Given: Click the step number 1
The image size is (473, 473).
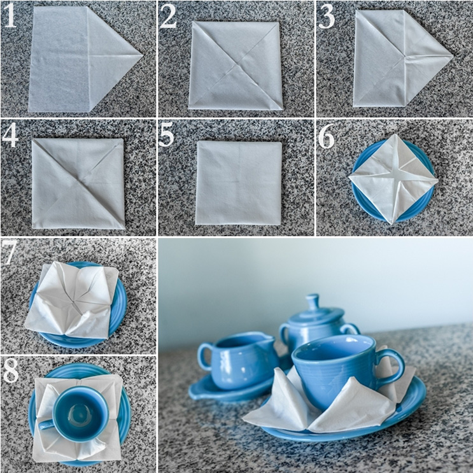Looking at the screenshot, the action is pyautogui.click(x=10, y=16).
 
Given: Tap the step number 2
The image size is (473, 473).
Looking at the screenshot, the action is pyautogui.click(x=168, y=17).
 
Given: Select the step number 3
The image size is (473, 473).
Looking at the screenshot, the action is pyautogui.click(x=327, y=17).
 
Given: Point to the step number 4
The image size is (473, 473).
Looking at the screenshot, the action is pyautogui.click(x=10, y=134).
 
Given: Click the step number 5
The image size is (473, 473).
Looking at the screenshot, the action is pyautogui.click(x=166, y=134).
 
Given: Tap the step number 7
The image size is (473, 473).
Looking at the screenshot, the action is pyautogui.click(x=8, y=253).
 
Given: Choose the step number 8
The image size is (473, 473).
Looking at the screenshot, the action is pyautogui.click(x=11, y=371).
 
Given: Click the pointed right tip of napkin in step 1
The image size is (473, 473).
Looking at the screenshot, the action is pyautogui.click(x=143, y=55).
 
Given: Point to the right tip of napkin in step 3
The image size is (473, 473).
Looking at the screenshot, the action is pyautogui.click(x=453, y=56).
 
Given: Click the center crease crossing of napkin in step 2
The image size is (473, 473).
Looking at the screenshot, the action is pyautogui.click(x=236, y=64).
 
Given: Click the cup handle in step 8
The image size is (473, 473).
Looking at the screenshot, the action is pyautogui.click(x=46, y=425).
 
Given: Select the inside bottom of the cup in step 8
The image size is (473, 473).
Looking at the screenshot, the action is pyautogui.click(x=80, y=414).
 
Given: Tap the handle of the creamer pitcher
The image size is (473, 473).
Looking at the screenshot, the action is pyautogui.click(x=204, y=355).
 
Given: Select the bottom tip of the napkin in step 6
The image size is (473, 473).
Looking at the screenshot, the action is pyautogui.click(x=392, y=223).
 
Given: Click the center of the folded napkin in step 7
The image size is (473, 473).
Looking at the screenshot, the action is pyautogui.click(x=73, y=300).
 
